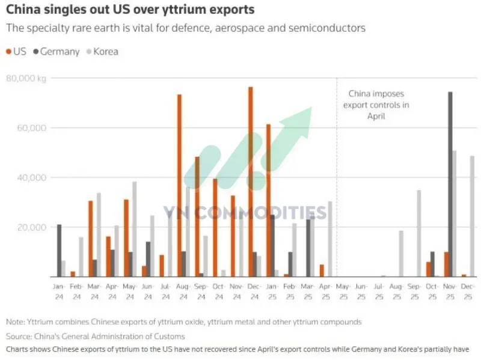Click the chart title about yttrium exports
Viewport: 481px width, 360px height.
pyautogui.click(x=130, y=10)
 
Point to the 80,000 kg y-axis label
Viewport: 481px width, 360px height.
pyautogui.click(x=26, y=78)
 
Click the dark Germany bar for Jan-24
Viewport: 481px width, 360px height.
pyautogui.click(x=59, y=250)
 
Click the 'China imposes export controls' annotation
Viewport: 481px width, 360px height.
pyautogui.click(x=376, y=105)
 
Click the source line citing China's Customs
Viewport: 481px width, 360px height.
pyautogui.click(x=96, y=336)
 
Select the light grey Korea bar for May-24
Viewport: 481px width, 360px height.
pyautogui.click(x=134, y=229)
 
